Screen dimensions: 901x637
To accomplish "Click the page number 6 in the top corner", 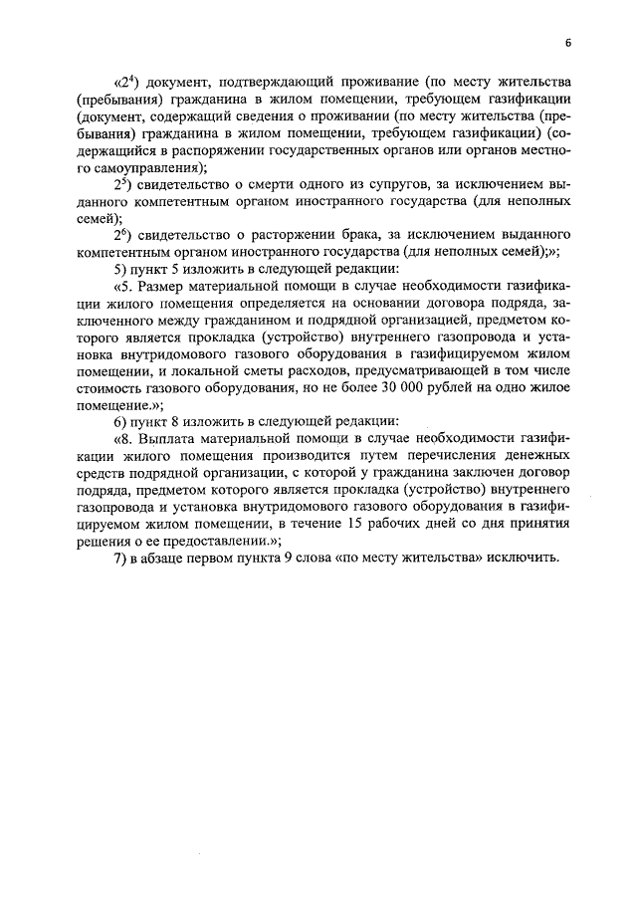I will click(566, 43).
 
